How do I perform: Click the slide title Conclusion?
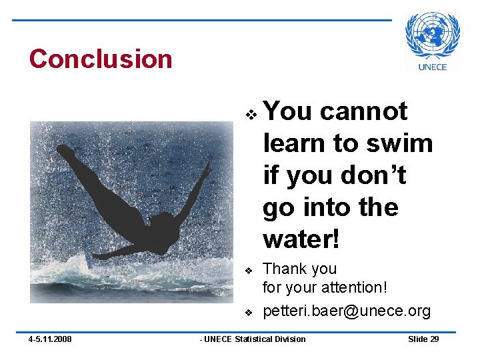[x=101, y=59]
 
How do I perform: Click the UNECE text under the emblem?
[x=433, y=66]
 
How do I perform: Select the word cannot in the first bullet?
[x=363, y=111]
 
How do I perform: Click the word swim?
[x=403, y=143]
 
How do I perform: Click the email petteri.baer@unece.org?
[x=347, y=311]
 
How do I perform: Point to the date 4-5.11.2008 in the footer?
[x=51, y=339]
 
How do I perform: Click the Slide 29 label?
[x=423, y=339]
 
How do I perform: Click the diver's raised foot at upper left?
[x=65, y=151]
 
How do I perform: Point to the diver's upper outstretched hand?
[x=209, y=166]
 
